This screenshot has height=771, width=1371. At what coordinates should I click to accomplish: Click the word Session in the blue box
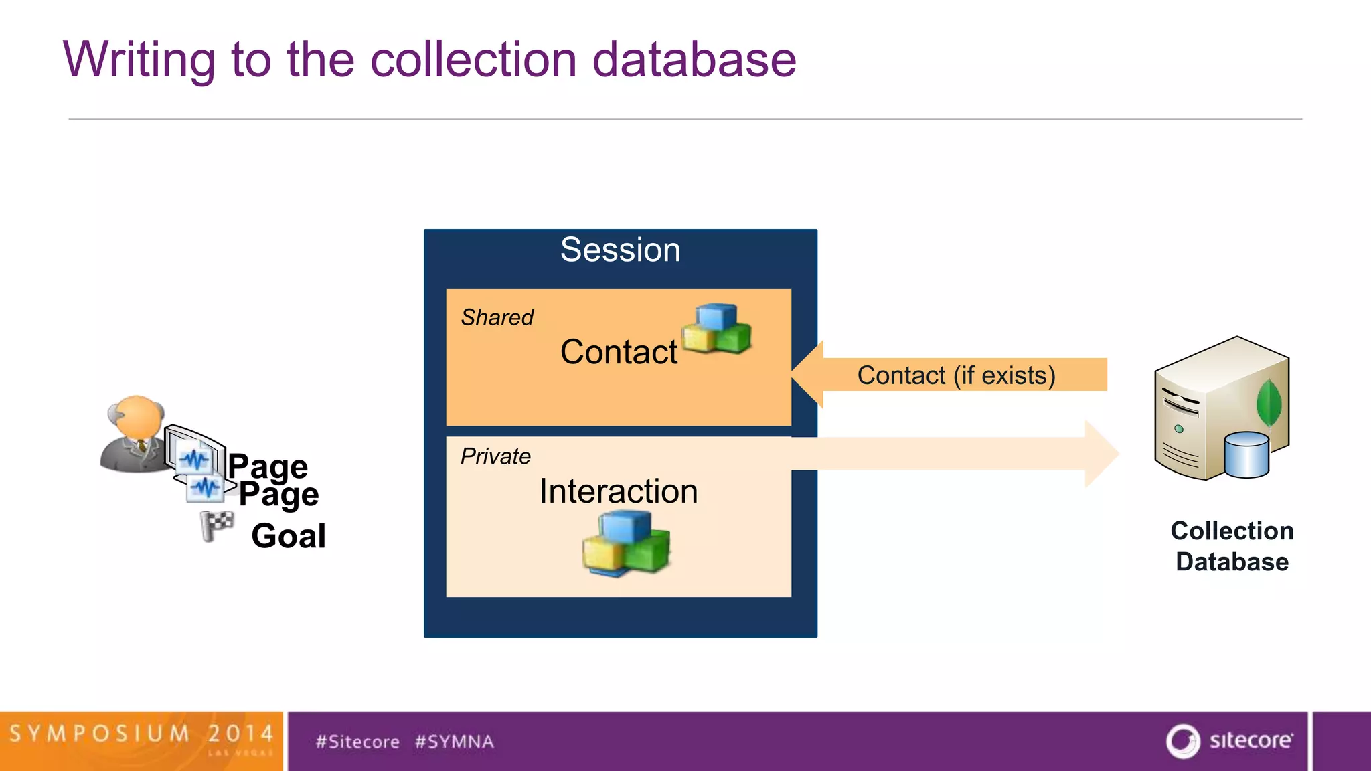620,250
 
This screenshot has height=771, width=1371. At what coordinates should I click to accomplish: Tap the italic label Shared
497,317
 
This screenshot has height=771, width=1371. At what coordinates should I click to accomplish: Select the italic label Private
495,456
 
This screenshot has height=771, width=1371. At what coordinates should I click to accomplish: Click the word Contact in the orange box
619,352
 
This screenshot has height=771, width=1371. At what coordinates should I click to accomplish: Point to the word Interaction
619,491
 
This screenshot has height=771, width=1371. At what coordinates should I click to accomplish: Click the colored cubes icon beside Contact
717,329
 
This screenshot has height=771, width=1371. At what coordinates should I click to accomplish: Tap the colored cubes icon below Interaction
627,542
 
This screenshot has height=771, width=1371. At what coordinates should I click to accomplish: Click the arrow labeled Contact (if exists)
956,375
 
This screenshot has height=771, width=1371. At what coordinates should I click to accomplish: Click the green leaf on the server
1269,402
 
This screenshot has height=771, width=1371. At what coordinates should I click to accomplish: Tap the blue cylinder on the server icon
1246,455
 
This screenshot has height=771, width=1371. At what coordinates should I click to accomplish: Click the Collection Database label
1232,545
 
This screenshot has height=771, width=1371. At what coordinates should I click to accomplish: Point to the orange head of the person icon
139,415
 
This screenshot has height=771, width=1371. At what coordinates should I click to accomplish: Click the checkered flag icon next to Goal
217,525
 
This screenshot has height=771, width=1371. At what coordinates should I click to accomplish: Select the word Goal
289,536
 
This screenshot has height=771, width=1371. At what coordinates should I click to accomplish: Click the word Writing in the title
139,60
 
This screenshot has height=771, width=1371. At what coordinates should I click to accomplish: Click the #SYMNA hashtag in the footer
455,742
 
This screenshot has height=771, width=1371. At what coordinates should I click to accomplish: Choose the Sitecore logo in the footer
1229,741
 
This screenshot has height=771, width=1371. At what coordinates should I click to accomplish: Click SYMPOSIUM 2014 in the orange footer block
141,734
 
